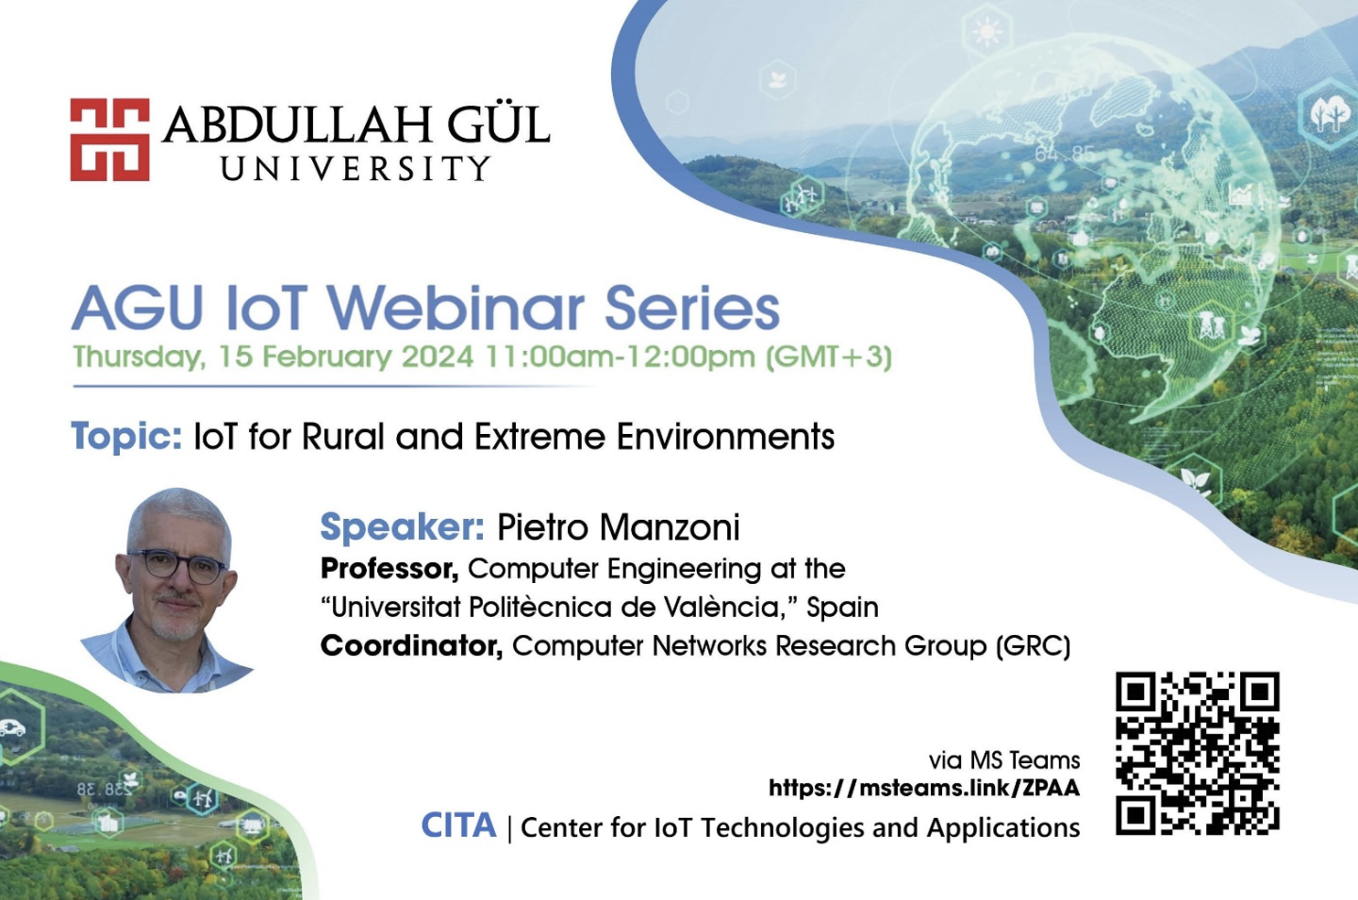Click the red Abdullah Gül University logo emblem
(109, 140)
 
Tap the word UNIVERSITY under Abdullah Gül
(356, 169)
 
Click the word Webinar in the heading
(459, 308)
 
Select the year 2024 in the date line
(438, 356)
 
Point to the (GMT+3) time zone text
(829, 358)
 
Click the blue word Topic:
(126, 436)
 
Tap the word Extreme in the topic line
(539, 436)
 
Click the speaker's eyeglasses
(176, 567)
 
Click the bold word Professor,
(389, 569)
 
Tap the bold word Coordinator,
(411, 646)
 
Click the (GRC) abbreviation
(1033, 646)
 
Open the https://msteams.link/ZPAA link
(924, 788)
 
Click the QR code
(1198, 753)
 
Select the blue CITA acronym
(459, 825)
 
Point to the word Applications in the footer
(1003, 828)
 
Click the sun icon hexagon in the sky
(987, 30)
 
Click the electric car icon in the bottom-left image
(12, 727)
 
